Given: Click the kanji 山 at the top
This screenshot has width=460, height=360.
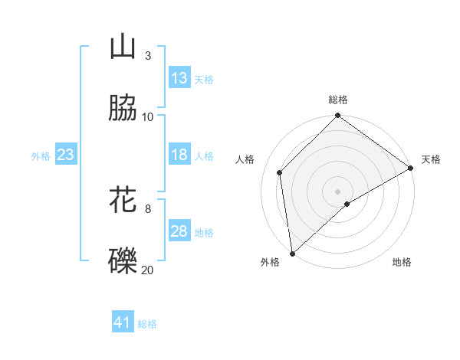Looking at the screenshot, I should click(x=123, y=47).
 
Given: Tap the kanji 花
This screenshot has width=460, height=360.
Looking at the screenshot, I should click(x=123, y=200).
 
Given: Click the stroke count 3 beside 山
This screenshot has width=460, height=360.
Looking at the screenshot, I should click(x=147, y=56).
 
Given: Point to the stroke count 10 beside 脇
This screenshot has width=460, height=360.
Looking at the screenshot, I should click(x=148, y=116).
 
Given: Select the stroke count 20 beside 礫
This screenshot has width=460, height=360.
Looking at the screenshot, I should click(x=148, y=269).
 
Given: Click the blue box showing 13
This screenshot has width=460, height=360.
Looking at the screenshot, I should click(x=179, y=78).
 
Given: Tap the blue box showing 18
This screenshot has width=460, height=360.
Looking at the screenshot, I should click(x=179, y=155).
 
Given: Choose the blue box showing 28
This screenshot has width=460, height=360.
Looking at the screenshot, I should click(x=179, y=231).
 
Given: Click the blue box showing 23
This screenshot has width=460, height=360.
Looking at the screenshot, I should click(x=66, y=155).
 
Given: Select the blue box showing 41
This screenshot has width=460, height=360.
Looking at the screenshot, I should click(x=123, y=322).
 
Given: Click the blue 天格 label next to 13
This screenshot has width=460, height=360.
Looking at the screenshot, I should click(x=204, y=79).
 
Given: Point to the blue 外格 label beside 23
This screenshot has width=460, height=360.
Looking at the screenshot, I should click(x=41, y=155).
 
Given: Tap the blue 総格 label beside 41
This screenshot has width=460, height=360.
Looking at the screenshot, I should click(x=147, y=323).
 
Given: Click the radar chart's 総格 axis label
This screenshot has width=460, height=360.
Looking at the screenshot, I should click(x=337, y=100).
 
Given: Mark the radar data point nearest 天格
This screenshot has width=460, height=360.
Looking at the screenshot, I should click(x=411, y=169).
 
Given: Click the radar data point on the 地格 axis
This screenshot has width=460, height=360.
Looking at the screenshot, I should click(x=347, y=204).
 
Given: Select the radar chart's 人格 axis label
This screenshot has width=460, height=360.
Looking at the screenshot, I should click(x=245, y=159).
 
